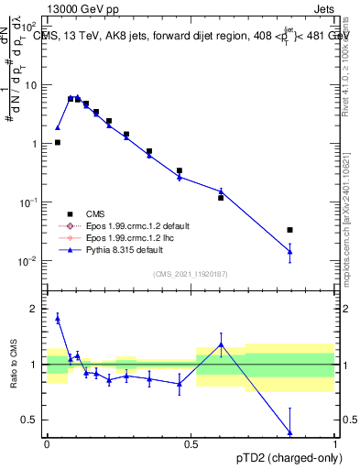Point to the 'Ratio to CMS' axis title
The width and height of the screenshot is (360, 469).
[13, 365]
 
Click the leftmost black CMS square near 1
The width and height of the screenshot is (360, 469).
[58, 142]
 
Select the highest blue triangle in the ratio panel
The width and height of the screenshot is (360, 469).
[58, 318]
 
